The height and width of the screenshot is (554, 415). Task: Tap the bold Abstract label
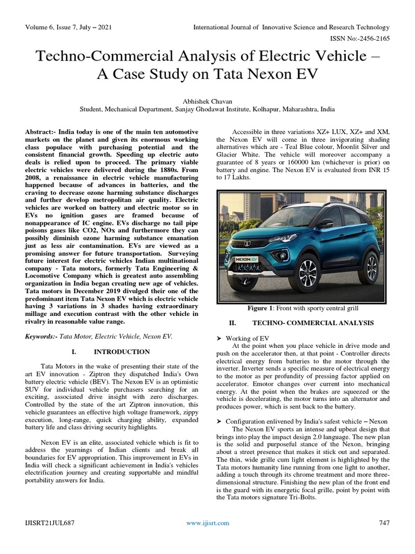tap(41, 131)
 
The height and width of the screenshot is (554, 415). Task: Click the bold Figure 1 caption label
tap(260, 308)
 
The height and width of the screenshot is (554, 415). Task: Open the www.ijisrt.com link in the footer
tap(207, 523)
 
